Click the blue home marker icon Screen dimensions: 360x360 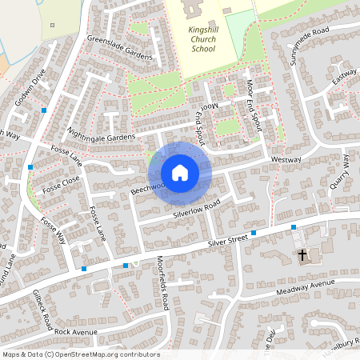(x=180, y=173)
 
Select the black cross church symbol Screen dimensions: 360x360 (x=303, y=256)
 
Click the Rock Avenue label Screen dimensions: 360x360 (x=75, y=331)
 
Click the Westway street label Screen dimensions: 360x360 (x=286, y=160)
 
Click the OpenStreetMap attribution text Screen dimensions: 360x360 (x=81, y=354)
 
